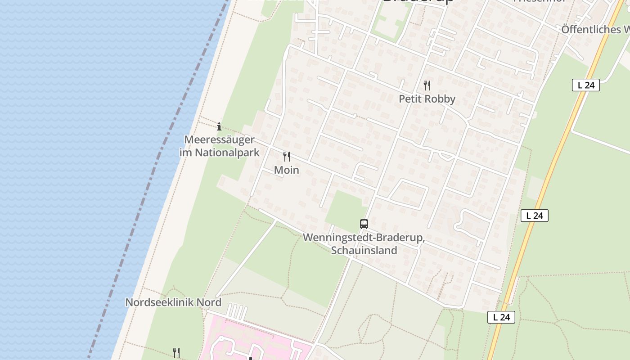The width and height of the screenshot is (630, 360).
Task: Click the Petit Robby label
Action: [x=427, y=99]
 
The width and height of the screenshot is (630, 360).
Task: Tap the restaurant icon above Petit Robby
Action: [x=427, y=85]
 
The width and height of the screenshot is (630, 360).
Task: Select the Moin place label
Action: [x=287, y=170]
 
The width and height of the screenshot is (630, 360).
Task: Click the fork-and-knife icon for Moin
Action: [x=287, y=157]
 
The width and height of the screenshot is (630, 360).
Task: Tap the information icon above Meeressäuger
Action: [x=219, y=126]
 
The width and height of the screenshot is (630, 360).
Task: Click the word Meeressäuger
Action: [x=220, y=139]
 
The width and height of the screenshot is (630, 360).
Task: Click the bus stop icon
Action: [x=364, y=224]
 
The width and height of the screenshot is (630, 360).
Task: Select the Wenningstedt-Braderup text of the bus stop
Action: [x=364, y=238]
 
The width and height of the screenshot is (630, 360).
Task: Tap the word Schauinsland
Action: [x=364, y=250]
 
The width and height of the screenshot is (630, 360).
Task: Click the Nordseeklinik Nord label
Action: [x=173, y=302]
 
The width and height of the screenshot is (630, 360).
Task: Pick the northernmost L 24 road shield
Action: [x=586, y=85]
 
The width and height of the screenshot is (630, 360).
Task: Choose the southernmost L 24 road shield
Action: [x=501, y=317]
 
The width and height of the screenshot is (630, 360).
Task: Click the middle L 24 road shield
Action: [x=535, y=216]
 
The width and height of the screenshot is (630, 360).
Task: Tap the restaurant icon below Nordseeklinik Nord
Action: [x=176, y=352]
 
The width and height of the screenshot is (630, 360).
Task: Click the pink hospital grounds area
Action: [x=252, y=337]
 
